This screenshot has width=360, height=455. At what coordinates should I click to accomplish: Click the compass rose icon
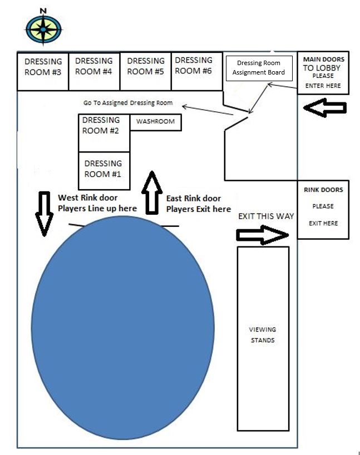[x=44, y=29]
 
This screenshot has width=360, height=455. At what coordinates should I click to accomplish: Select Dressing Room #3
[x=43, y=72]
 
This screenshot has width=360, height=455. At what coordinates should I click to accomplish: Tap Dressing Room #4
[x=93, y=71]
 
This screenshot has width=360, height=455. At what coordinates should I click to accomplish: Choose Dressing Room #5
[x=145, y=71]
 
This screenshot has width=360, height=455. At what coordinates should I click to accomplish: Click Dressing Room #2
[x=103, y=131]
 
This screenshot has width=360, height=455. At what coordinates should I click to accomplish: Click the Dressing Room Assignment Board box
[x=259, y=68]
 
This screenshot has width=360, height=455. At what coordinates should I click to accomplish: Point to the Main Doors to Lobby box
[x=323, y=73]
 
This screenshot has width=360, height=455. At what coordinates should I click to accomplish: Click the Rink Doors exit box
[x=323, y=209]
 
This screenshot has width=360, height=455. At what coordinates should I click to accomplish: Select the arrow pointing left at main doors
[x=322, y=107]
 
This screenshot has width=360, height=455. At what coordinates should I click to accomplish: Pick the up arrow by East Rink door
[x=151, y=192]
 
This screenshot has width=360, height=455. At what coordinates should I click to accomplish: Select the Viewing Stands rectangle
[x=263, y=338]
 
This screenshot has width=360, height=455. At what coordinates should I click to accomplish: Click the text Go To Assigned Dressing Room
[x=128, y=103]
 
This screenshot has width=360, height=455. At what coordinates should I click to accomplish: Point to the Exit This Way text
[x=265, y=216]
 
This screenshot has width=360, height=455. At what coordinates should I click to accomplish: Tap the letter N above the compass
[x=43, y=10]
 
